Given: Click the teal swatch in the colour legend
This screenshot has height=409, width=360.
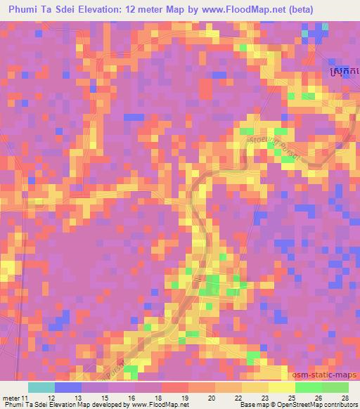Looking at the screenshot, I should pyautogui.click(x=41, y=387).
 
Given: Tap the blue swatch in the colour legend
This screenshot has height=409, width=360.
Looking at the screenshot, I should pyautogui.click(x=68, y=387).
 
